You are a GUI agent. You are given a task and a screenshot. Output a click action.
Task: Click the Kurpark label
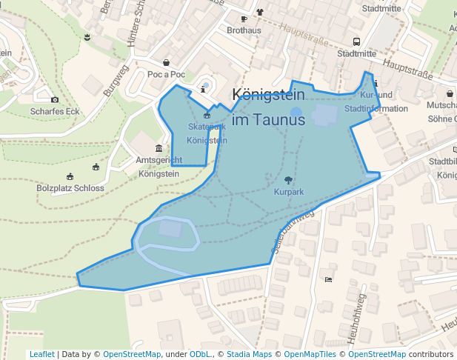(x=288, y=192)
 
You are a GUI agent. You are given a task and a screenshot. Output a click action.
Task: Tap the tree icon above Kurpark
(x=288, y=180)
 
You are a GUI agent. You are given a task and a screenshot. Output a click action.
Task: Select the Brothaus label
(x=244, y=30)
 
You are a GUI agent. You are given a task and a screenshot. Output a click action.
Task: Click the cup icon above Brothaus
(x=244, y=19)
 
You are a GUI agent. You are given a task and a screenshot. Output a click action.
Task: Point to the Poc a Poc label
(x=166, y=75)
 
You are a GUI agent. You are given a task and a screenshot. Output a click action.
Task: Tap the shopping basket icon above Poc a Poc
(x=166, y=63)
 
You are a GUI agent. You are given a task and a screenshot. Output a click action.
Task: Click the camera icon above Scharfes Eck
(x=55, y=99)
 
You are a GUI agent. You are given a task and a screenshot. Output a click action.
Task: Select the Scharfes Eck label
(x=55, y=112)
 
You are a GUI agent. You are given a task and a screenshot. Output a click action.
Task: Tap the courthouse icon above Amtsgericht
(x=159, y=148)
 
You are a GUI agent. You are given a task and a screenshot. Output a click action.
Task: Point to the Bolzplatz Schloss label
(x=70, y=188)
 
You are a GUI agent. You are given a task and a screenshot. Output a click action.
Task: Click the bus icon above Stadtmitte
(x=356, y=41)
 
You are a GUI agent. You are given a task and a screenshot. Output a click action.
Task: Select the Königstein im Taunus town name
(x=268, y=107)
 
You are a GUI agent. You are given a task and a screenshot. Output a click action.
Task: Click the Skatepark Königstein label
(x=207, y=133)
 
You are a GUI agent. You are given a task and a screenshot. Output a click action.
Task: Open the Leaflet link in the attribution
(x=41, y=354)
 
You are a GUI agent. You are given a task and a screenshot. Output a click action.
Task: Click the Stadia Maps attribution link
(x=249, y=354)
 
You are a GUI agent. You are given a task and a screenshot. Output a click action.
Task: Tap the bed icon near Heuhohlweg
(x=328, y=279)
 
